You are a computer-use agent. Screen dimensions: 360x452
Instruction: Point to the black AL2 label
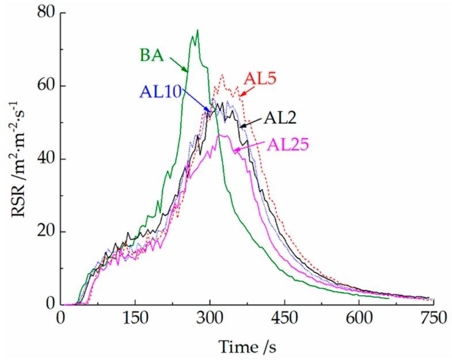click(x=280, y=119)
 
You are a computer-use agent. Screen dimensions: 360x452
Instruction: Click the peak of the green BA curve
click(x=197, y=31)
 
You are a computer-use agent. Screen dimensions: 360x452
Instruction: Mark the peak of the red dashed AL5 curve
click(x=222, y=75)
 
